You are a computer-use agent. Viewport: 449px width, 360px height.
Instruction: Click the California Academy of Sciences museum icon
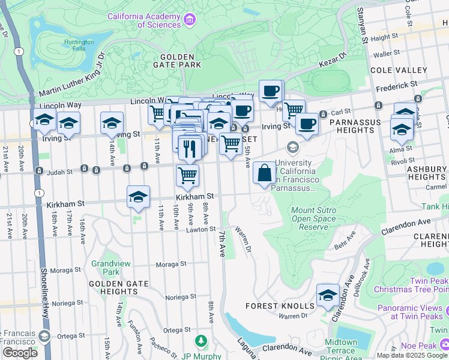[190, 20]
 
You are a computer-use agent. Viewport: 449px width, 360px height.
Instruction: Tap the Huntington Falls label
[79, 46]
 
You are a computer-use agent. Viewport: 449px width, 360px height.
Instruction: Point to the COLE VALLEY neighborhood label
[398, 70]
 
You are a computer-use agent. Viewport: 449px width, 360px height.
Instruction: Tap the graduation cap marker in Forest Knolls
[328, 295]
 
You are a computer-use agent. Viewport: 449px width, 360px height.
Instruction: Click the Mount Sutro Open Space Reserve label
[310, 219]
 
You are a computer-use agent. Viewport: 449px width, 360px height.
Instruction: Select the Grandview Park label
[106, 268]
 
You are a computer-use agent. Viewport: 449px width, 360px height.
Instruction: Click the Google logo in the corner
[20, 353]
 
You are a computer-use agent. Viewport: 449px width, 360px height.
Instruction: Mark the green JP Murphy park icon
[202, 341]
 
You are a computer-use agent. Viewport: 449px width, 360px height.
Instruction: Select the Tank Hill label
[436, 207]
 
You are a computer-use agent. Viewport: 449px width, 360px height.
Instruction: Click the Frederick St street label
[397, 86]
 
